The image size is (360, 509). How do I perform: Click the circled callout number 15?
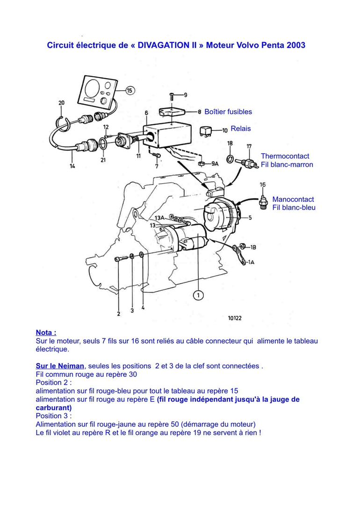click(x=130, y=90)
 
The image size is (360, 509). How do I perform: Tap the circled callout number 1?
click(x=198, y=295)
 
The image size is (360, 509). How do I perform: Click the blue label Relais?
click(x=241, y=129)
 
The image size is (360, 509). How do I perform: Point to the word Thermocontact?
click(x=285, y=156)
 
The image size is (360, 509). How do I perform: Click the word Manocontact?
click(x=293, y=199)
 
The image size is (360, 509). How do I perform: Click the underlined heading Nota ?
click(x=46, y=333)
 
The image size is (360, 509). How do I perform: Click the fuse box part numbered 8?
click(x=173, y=112)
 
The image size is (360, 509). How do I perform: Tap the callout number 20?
click(x=61, y=103)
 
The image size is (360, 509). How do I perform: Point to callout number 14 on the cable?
click(x=72, y=165)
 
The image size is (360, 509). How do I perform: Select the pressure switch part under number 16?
click(x=263, y=201)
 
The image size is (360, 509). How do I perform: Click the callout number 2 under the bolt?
click(x=118, y=314)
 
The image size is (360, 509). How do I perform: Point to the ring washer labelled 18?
click(x=230, y=159)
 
